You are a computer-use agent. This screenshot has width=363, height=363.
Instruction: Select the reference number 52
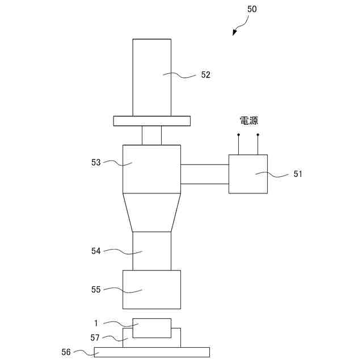point(205,75)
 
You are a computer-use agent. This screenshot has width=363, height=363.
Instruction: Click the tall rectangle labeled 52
point(151,68)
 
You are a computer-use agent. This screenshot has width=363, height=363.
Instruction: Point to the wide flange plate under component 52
point(151,121)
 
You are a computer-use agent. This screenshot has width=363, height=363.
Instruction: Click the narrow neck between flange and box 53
point(151,135)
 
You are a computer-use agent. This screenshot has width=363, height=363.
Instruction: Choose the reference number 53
point(95,162)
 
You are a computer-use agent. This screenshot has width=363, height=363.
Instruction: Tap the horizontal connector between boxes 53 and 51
point(204,174)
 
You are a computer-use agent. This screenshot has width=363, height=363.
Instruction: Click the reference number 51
point(298,175)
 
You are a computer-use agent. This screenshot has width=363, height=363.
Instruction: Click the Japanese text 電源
point(248,121)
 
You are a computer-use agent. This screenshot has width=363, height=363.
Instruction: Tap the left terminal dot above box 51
point(238,135)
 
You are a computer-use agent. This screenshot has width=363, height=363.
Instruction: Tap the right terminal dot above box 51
point(258,135)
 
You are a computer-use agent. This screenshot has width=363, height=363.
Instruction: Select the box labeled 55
point(151,289)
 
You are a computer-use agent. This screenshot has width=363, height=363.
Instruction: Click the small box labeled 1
point(151,328)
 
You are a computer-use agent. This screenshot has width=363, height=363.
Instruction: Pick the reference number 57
point(95,337)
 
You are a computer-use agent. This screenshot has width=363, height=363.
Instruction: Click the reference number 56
point(66,352)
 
